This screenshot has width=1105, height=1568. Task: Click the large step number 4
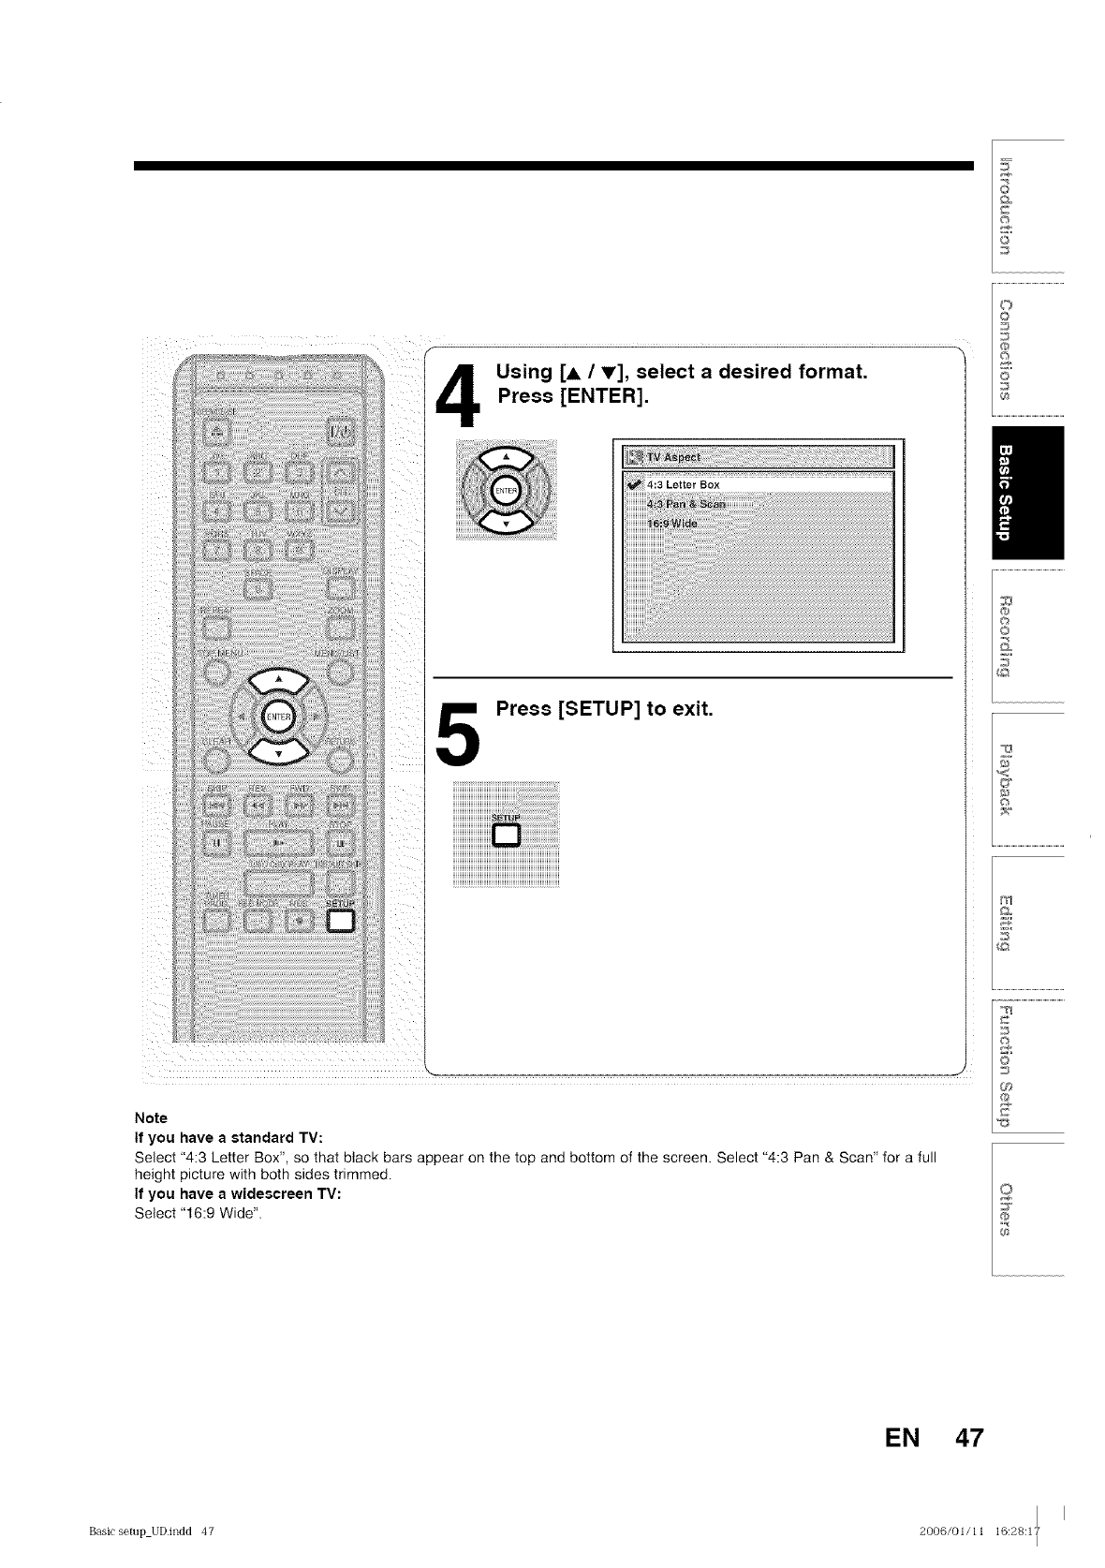click(x=457, y=396)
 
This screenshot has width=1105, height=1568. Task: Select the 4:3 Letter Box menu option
click(x=684, y=484)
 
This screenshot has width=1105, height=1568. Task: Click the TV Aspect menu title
click(x=674, y=457)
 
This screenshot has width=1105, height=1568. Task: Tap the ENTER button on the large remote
click(x=275, y=716)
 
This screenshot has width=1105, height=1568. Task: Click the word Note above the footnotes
click(x=151, y=1117)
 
